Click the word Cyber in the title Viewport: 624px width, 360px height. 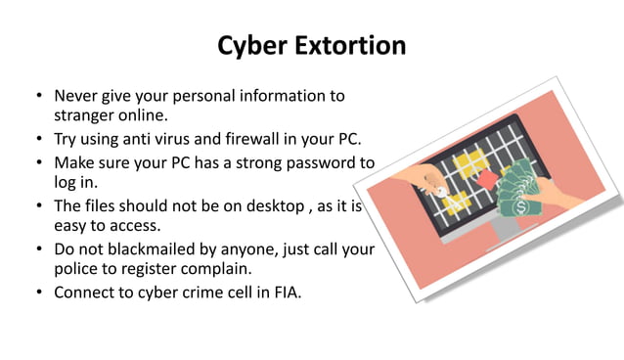click(249, 46)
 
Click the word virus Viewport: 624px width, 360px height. click(190, 139)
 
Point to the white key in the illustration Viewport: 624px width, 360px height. click(439, 192)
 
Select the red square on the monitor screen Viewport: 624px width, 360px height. click(485, 179)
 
